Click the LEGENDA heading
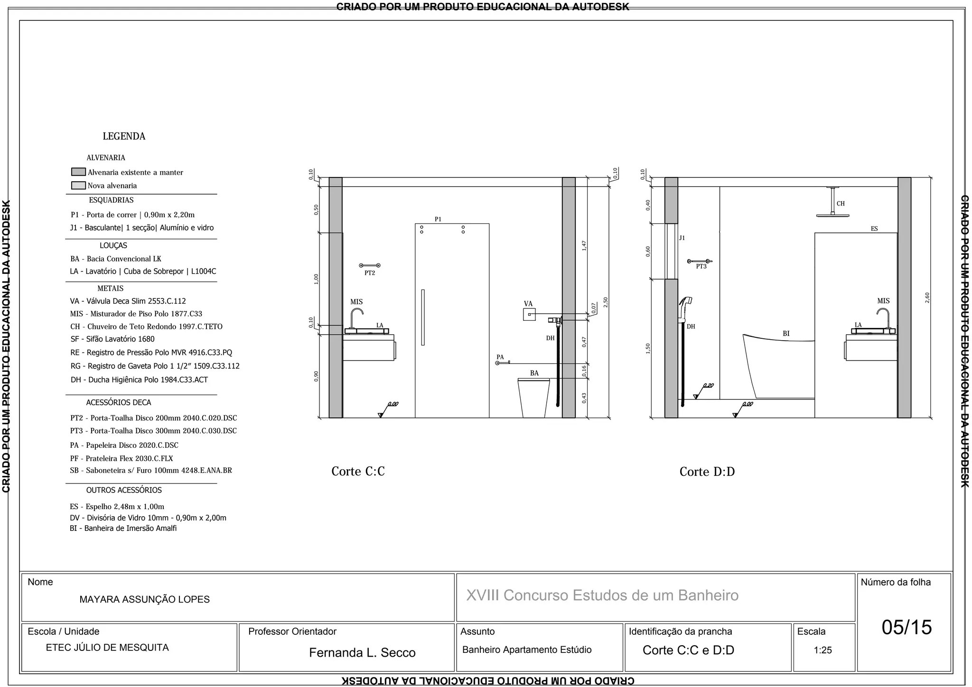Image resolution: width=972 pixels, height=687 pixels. click(124, 137)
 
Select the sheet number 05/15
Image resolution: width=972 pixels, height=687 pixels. click(907, 627)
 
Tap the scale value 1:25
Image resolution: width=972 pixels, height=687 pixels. click(822, 650)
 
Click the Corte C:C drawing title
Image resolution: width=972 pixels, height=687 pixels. click(358, 472)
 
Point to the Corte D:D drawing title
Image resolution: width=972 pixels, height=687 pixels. click(707, 472)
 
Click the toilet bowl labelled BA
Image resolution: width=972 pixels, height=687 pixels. click(533, 398)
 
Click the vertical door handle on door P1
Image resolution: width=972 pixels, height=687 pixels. click(423, 317)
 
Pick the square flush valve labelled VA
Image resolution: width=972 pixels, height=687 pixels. click(529, 314)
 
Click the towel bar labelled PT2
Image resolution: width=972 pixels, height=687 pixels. click(370, 265)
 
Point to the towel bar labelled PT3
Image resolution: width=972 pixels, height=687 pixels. click(700, 261)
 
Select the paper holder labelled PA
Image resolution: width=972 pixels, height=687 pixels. click(503, 363)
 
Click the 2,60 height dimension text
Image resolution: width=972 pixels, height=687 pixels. click(927, 297)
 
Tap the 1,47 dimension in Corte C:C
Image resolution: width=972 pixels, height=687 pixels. click(584, 245)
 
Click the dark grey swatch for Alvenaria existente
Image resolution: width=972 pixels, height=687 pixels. click(78, 172)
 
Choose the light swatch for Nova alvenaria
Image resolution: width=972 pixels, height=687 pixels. click(78, 186)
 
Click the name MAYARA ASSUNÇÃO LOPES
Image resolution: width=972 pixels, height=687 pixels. click(144, 600)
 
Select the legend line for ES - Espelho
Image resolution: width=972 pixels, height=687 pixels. click(117, 507)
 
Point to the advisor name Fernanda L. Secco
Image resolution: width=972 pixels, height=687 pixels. click(362, 653)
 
